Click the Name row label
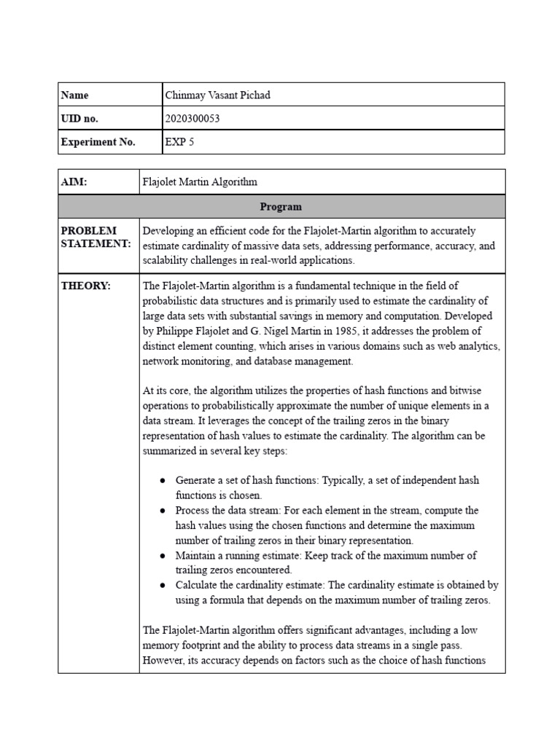coord(75,95)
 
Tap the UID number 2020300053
coord(192,119)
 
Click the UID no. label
coord(79,119)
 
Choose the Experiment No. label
coord(98,142)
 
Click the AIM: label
coord(74,182)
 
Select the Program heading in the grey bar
coord(281,206)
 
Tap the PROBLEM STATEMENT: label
coord(96,237)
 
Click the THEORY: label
coord(86,286)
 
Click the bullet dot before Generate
coord(162,481)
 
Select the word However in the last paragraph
coord(162,661)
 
